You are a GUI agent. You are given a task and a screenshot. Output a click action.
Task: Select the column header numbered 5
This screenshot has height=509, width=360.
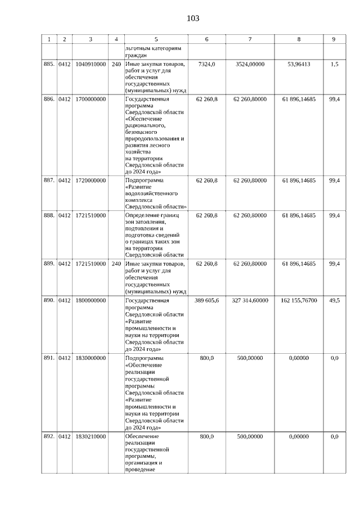click(156, 39)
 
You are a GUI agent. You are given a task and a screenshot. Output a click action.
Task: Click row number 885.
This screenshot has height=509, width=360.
click(49, 65)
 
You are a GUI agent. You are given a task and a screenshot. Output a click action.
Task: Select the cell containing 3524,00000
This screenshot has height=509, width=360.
click(250, 65)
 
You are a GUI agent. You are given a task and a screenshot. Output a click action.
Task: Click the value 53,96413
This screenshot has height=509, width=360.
click(299, 65)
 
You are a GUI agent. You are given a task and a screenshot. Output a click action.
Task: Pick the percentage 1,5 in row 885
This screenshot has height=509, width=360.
click(334, 65)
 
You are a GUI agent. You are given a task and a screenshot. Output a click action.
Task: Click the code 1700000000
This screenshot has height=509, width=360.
click(90, 100)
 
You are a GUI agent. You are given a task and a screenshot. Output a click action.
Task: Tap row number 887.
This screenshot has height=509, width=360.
click(49, 181)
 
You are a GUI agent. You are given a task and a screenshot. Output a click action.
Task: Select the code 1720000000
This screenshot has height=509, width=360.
click(90, 181)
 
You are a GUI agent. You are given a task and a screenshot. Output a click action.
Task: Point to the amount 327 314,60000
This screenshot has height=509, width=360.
click(250, 301)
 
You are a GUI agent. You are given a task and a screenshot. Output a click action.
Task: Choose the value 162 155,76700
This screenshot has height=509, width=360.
click(299, 301)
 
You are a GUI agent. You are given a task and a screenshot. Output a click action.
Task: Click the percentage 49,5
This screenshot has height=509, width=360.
click(334, 301)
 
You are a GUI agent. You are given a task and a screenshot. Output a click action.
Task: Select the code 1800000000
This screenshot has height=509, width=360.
click(90, 301)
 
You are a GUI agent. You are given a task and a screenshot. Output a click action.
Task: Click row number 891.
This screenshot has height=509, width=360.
click(49, 358)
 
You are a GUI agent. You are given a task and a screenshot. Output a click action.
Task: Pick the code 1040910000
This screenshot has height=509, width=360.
click(90, 65)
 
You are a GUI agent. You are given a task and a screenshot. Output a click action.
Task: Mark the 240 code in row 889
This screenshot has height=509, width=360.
click(116, 264)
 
